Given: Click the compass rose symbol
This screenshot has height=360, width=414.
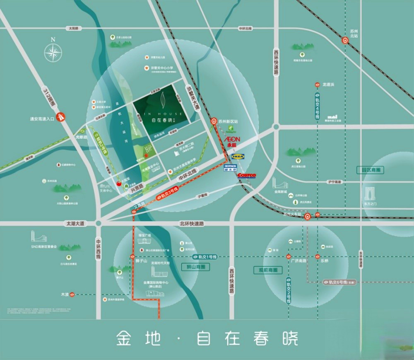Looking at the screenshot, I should (53, 52).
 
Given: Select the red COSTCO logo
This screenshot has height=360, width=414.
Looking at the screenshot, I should (246, 176).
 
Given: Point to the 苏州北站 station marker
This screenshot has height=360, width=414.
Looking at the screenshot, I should (345, 40).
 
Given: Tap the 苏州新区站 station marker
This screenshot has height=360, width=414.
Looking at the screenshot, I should (214, 121).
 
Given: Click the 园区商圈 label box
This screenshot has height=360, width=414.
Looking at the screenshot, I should (370, 170).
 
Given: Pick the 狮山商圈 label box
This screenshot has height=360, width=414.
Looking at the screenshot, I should (195, 267).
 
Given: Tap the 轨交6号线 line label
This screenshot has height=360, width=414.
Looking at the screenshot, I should (339, 282).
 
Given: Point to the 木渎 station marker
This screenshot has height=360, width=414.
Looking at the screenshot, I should (72, 295).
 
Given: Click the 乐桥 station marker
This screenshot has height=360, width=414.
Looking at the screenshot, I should (318, 256).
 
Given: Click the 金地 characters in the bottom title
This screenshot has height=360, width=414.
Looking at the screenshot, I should (132, 338).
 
